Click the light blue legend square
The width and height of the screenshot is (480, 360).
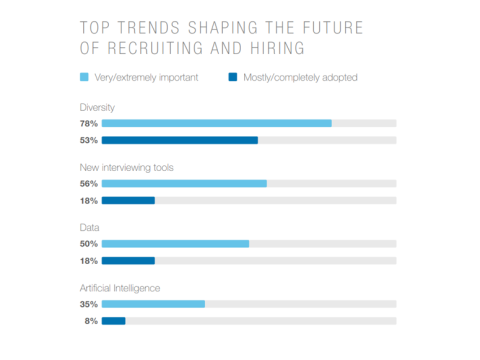pyautogui.click(x=84, y=76)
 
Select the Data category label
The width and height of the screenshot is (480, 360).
pyautogui.click(x=89, y=227)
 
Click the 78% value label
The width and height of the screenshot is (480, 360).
pyautogui.click(x=88, y=123)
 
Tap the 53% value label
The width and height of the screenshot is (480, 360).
pyautogui.click(x=88, y=140)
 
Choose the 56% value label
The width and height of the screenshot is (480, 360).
pyautogui.click(x=88, y=183)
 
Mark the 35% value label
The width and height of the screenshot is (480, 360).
pyautogui.click(x=88, y=304)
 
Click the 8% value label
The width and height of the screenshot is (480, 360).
pyautogui.click(x=90, y=321)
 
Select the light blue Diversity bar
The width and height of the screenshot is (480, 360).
pyautogui.click(x=216, y=123)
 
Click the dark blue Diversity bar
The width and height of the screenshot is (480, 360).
pyautogui.click(x=179, y=140)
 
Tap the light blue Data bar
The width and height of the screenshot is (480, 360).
pyautogui.click(x=175, y=243)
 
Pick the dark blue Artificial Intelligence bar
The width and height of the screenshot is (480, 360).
pyautogui.click(x=113, y=321)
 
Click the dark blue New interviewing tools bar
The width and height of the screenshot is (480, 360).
pyautogui.click(x=128, y=200)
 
